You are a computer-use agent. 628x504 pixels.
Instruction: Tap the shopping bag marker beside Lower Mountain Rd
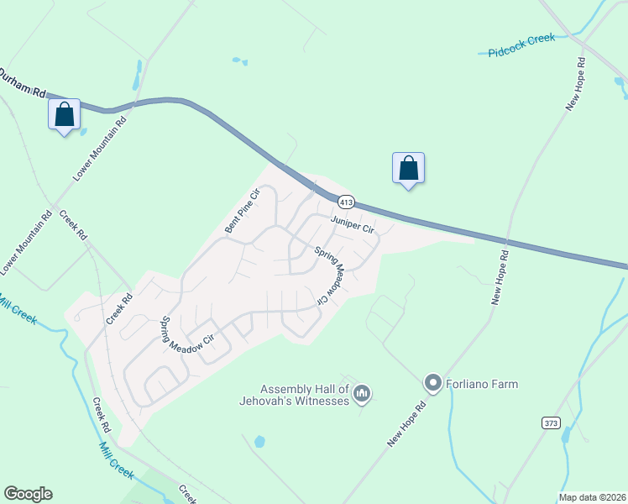pyautogui.click(x=64, y=114)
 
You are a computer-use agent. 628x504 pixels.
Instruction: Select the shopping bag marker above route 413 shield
pyautogui.click(x=408, y=167)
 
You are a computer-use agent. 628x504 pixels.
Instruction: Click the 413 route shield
pyautogui.click(x=347, y=202)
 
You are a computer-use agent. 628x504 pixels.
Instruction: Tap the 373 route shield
pyautogui.click(x=551, y=423)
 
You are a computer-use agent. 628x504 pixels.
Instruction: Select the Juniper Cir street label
pyautogui.click(x=351, y=223)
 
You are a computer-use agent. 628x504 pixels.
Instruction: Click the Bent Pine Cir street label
pyautogui.click(x=243, y=212)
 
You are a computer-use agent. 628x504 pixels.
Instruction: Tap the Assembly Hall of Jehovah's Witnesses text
pyautogui.click(x=304, y=395)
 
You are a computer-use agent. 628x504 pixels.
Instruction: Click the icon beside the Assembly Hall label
pyautogui.click(x=363, y=392)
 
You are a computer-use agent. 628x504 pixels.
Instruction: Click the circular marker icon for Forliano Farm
pyautogui.click(x=433, y=384)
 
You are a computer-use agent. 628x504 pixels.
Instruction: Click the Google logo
pyautogui.click(x=28, y=494)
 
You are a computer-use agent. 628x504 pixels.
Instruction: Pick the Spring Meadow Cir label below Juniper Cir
pyautogui.click(x=330, y=275)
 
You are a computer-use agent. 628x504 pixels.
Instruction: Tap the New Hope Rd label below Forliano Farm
pyautogui.click(x=407, y=423)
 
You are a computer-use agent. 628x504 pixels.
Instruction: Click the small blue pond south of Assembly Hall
pyautogui.click(x=259, y=441)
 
